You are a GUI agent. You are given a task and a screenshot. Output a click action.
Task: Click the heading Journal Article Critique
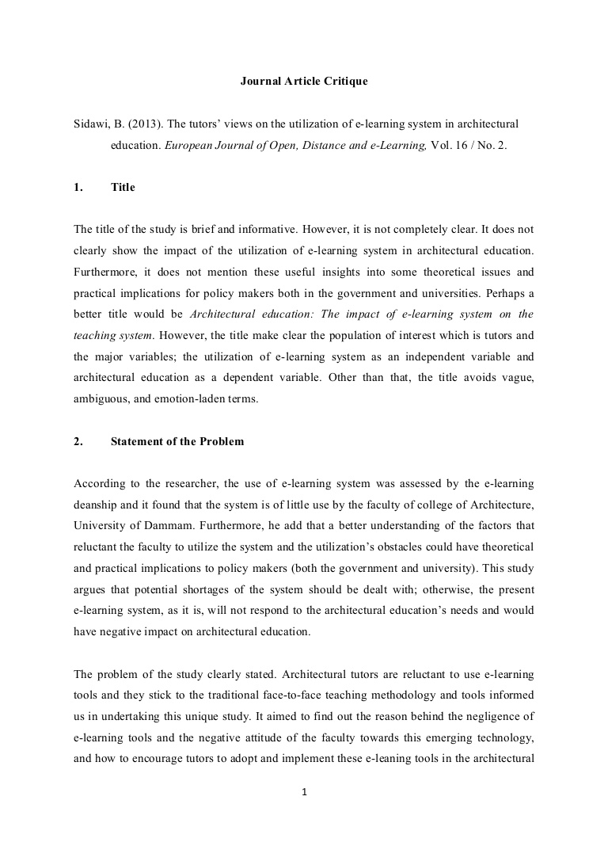coord(304,82)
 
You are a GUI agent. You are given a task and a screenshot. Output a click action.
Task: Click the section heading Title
coord(123,188)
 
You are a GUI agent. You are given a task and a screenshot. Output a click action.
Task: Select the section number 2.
coord(78,442)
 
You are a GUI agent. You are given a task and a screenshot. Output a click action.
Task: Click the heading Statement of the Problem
coord(177,442)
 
